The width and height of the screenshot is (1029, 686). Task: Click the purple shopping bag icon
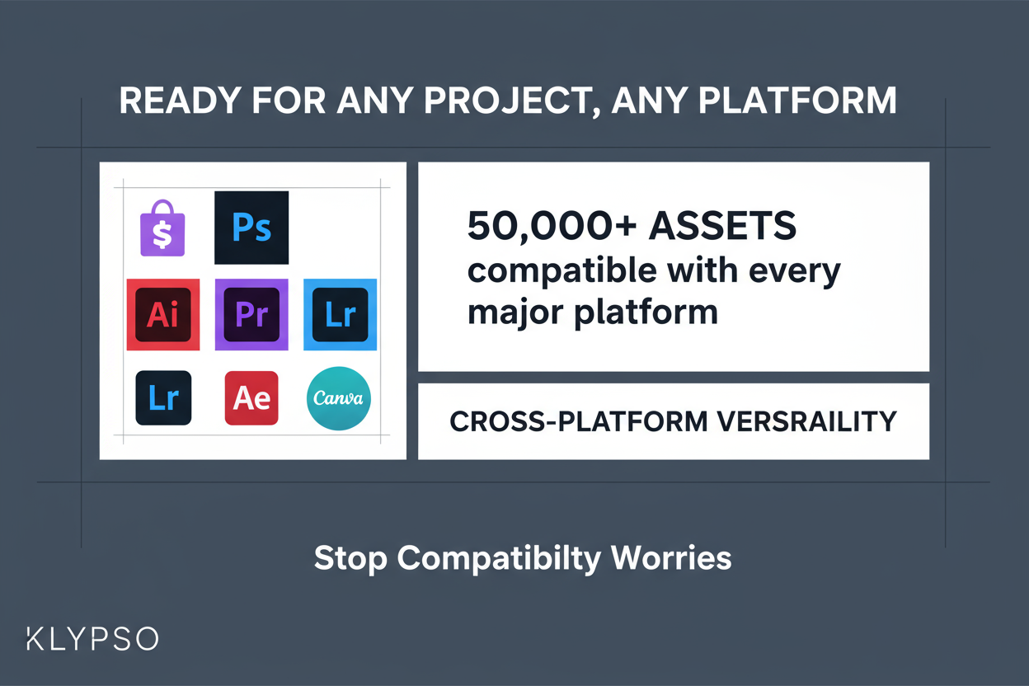pyautogui.click(x=162, y=229)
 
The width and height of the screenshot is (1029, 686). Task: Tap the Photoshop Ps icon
pyautogui.click(x=251, y=228)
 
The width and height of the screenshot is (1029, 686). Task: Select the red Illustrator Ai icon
pyautogui.click(x=162, y=314)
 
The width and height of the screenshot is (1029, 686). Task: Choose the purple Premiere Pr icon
pyautogui.click(x=251, y=314)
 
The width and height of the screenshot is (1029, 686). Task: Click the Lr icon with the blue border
pyautogui.click(x=340, y=314)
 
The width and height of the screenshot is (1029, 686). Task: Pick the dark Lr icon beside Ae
pyautogui.click(x=163, y=398)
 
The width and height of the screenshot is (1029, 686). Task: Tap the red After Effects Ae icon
pyautogui.click(x=251, y=398)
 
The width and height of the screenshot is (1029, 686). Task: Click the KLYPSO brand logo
pyautogui.click(x=92, y=639)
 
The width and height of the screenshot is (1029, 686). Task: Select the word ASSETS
pyautogui.click(x=723, y=227)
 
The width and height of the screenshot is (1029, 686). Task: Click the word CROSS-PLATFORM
pyautogui.click(x=565, y=422)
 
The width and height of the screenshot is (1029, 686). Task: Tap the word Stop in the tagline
pyautogui.click(x=350, y=559)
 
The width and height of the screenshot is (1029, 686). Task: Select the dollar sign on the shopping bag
pyautogui.click(x=162, y=235)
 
